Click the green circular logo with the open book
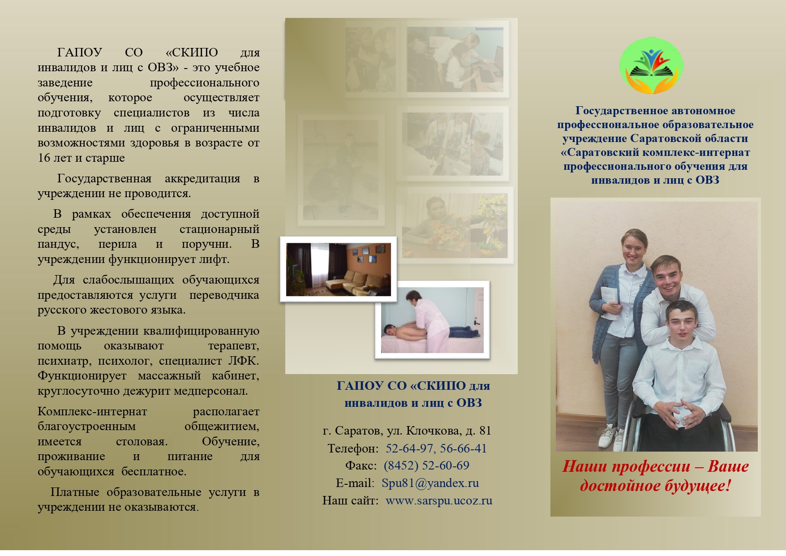651,66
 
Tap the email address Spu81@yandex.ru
430,483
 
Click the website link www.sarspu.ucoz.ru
439,500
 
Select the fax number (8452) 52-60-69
426,465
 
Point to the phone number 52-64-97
409,448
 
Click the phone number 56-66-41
463,448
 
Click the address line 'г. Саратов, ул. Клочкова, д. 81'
407,431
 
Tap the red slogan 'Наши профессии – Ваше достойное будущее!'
655,476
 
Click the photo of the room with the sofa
339,269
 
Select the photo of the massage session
432,320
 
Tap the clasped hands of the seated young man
680,413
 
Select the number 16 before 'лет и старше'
44,158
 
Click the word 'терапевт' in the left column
234,346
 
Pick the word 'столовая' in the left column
142,441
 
